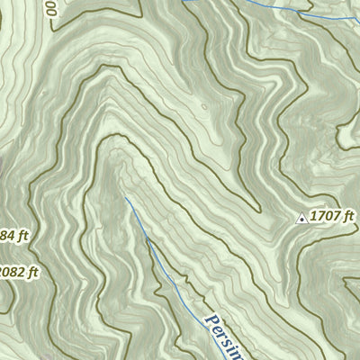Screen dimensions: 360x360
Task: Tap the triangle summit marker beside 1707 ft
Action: point(301,217)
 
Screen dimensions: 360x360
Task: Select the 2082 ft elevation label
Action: point(19,272)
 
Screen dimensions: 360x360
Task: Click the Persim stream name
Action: point(226,337)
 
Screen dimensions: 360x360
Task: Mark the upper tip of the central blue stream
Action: point(126,198)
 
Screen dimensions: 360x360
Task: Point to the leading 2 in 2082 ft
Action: point(3,272)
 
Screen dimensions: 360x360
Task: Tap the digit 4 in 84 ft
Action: point(6,236)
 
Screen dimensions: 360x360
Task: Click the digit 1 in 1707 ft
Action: point(313,216)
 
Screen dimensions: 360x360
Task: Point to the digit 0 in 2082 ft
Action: point(10,272)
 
